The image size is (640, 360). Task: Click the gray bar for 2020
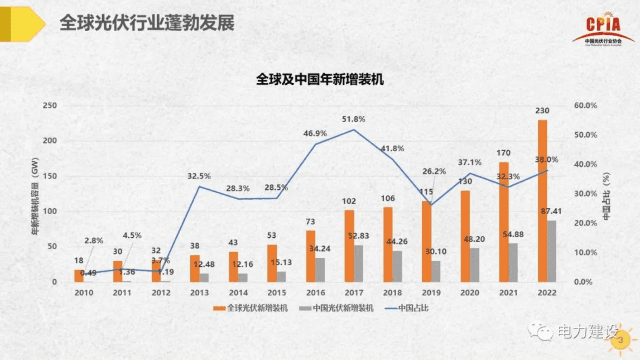pyautogui.click(x=475, y=265)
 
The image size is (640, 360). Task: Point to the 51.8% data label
pyautogui.click(x=354, y=119)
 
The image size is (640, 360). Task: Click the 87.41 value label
pyautogui.click(x=551, y=211)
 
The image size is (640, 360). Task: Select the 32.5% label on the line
pyautogui.click(x=199, y=176)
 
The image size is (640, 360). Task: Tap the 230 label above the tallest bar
pyautogui.click(x=542, y=111)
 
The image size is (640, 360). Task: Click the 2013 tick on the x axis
pyautogui.click(x=199, y=293)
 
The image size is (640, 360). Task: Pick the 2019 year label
pyautogui.click(x=431, y=293)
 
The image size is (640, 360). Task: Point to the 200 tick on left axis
pyautogui.click(x=50, y=141)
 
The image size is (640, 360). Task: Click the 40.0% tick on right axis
pyautogui.click(x=585, y=164)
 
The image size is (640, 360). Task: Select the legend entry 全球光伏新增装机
pyautogui.click(x=251, y=308)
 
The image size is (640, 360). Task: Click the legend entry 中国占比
pyautogui.click(x=407, y=308)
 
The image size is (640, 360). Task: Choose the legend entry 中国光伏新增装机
pyautogui.click(x=337, y=308)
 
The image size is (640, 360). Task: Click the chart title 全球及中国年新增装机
pyautogui.click(x=320, y=79)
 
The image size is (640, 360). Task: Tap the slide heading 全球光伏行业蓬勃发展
pyautogui.click(x=147, y=23)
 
